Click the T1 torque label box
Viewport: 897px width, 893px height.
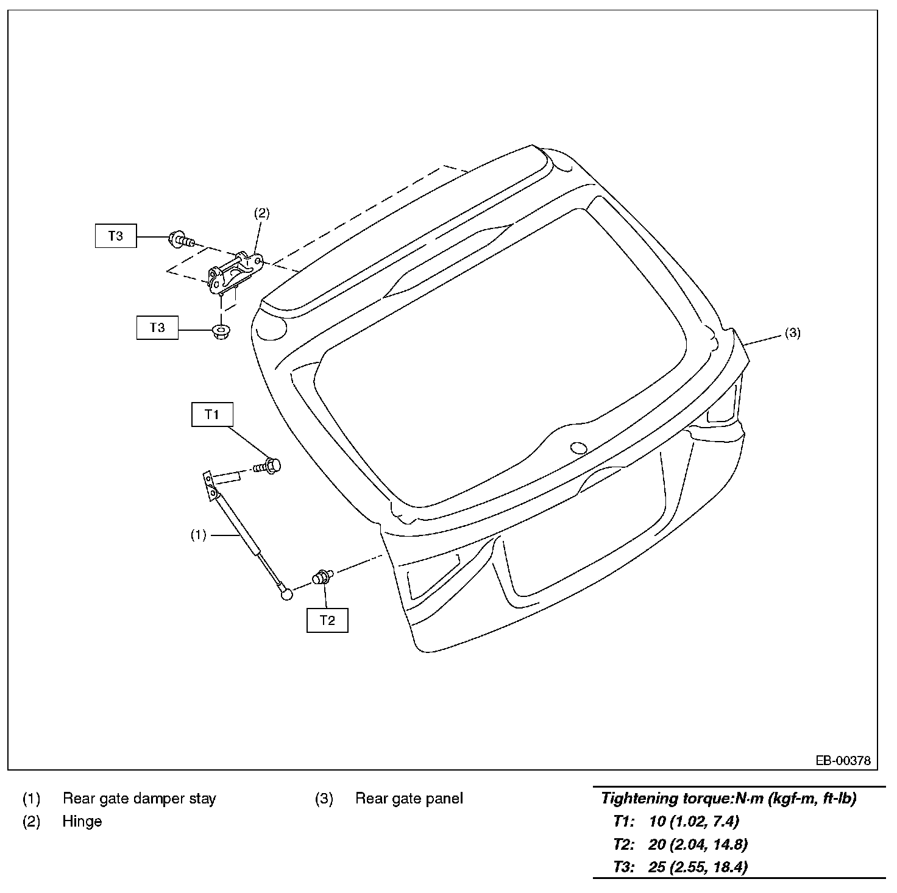[212, 415]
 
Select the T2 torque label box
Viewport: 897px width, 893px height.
[327, 620]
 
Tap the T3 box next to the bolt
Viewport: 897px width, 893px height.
[116, 236]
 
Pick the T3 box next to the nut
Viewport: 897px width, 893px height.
[157, 328]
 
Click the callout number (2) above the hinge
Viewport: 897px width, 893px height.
[261, 213]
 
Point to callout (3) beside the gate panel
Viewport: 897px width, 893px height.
[792, 333]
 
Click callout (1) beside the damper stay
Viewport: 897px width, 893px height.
[198, 535]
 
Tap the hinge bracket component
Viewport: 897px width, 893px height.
[235, 275]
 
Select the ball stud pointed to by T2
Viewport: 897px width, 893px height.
[321, 577]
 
